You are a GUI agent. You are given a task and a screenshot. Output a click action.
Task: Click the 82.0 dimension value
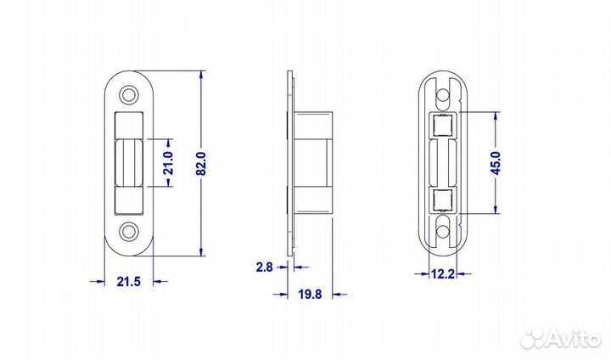(x=201, y=163)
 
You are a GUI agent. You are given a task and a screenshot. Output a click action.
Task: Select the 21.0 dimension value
(x=168, y=163)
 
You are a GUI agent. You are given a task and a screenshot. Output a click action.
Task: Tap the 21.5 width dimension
(x=129, y=281)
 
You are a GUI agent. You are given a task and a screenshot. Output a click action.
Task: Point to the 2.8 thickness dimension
(x=264, y=267)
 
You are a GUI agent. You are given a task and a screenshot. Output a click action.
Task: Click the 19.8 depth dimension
(x=311, y=294)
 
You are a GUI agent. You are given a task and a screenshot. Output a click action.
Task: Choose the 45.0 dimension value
(x=496, y=163)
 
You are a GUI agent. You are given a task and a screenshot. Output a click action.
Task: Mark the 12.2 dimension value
(x=443, y=273)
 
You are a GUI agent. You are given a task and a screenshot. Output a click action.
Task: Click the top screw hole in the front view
(x=129, y=94)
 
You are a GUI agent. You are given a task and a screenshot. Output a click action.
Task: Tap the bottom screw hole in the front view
(x=129, y=231)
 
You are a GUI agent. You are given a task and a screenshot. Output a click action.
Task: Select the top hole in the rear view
(x=442, y=95)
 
